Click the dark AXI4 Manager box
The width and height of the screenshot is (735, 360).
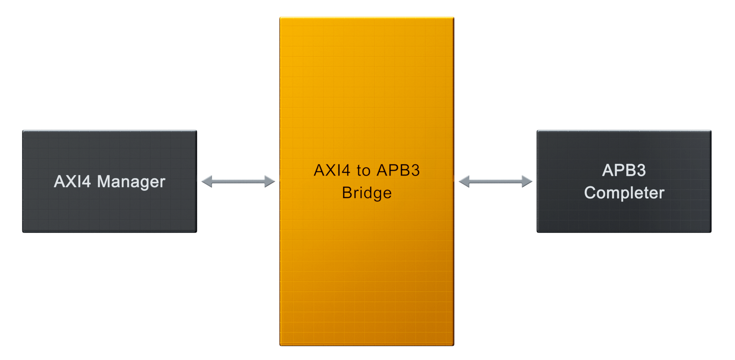pyautogui.click(x=110, y=181)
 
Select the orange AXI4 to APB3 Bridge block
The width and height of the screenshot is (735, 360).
pyautogui.click(x=367, y=181)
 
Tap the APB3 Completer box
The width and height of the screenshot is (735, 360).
pyautogui.click(x=624, y=181)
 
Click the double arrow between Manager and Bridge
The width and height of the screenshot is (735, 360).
pyautogui.click(x=238, y=181)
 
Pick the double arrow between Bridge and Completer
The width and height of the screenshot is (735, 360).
pyautogui.click(x=496, y=181)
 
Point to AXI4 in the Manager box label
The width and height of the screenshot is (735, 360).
pyautogui.click(x=73, y=181)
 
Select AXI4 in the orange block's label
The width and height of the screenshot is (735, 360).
pyautogui.click(x=332, y=170)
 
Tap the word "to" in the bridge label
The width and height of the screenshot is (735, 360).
pyautogui.click(x=363, y=171)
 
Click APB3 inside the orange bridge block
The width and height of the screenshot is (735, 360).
pyautogui.click(x=398, y=170)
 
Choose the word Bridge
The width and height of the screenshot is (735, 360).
pyautogui.click(x=367, y=193)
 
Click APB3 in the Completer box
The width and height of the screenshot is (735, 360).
pyautogui.click(x=624, y=170)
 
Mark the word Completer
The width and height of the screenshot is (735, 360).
pyautogui.click(x=624, y=193)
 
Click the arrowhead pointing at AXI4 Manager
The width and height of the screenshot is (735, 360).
pyautogui.click(x=207, y=181)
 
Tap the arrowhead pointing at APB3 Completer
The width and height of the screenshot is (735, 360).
pyautogui.click(x=527, y=181)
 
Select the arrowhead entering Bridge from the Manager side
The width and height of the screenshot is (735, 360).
pyautogui.click(x=270, y=181)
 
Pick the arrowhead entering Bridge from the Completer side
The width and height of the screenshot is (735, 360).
pyautogui.click(x=464, y=181)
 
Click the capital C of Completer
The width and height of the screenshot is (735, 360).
pyautogui.click(x=591, y=193)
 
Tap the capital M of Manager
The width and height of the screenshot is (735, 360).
pyautogui.click(x=104, y=181)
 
